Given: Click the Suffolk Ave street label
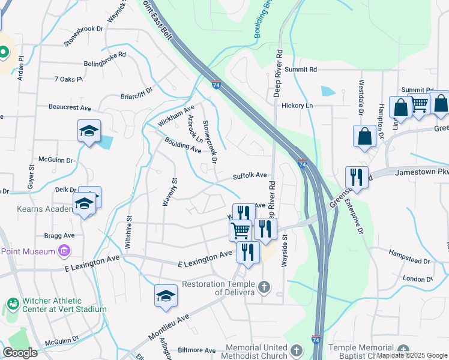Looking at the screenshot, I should coord(250,176).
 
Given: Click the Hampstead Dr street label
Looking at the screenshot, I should coord(410,257).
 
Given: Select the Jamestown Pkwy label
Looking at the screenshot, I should coord(422,172).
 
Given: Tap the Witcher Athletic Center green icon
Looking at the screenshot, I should coord(11,305).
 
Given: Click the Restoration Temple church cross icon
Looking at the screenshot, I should coord(263,288).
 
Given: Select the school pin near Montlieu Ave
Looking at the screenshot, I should coord(166,296).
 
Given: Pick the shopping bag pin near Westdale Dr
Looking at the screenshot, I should coord(365,136).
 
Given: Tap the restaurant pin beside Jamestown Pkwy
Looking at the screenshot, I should coord(357,178).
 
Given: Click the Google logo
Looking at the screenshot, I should coord(20,353).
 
